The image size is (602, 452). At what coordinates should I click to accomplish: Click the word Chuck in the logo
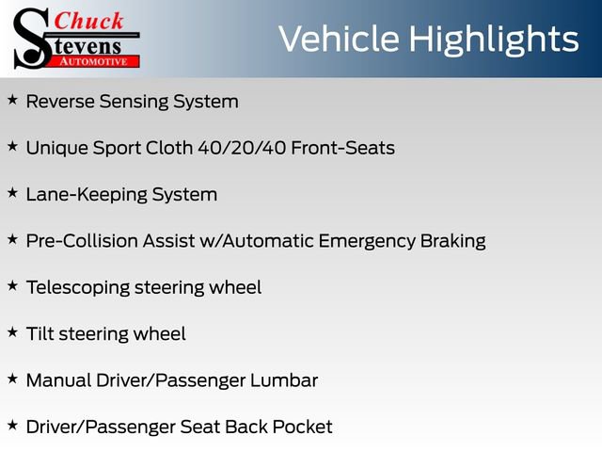88,21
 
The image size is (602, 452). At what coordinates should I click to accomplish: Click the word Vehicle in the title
339,39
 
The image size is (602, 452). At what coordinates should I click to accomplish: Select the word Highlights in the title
493,40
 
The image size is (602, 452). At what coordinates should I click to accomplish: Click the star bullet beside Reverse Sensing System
12,100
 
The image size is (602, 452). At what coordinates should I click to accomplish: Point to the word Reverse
60,102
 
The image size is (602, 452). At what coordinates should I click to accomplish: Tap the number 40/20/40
242,148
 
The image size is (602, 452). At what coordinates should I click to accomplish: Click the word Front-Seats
342,148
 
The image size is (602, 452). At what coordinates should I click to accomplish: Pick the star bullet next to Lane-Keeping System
12,193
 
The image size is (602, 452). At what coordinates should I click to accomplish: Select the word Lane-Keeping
87,195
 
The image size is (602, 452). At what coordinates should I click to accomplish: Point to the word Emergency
367,242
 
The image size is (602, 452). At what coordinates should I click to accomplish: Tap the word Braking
453,242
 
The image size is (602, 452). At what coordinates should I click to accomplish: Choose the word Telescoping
78,288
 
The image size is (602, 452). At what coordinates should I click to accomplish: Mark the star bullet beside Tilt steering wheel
12,332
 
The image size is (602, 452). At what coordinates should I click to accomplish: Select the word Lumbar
284,380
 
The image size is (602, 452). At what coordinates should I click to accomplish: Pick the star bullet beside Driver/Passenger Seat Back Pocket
12,425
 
